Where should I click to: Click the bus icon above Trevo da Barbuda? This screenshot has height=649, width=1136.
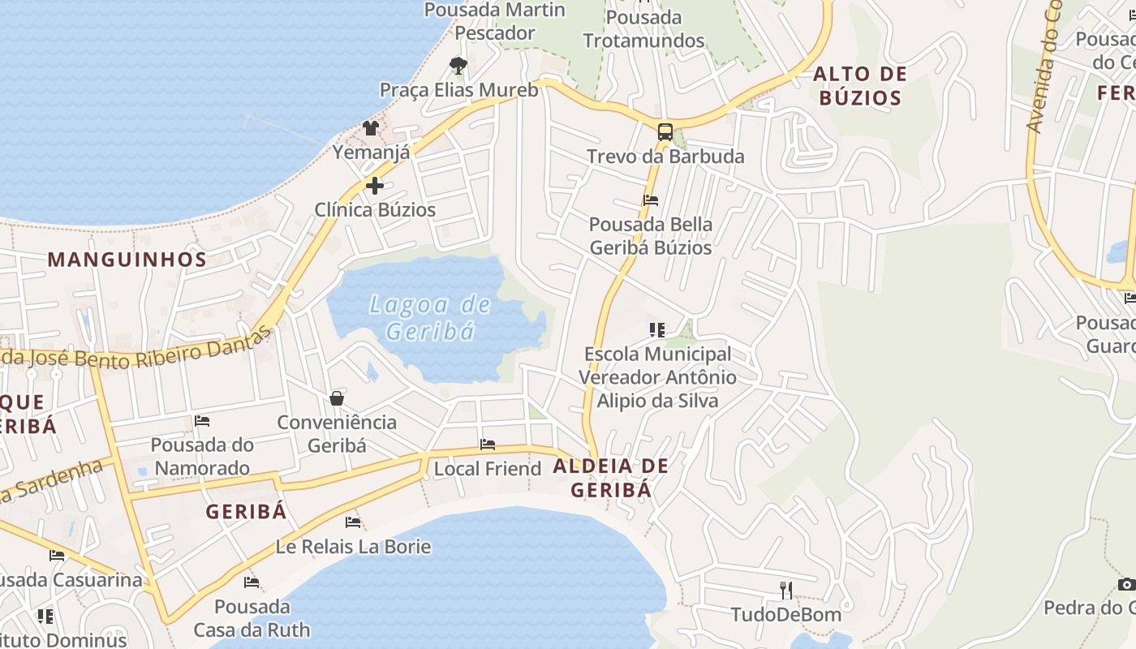pos(665,132)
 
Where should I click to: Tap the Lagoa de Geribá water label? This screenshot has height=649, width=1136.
pos(429,317)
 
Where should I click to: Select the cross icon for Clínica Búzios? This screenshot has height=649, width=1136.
pos(375,186)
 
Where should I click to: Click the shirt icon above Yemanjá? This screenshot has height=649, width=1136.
pos(371,127)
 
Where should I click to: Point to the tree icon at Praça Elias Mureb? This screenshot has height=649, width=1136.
pos(458,66)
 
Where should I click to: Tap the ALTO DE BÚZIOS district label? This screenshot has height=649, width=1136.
pos(859,86)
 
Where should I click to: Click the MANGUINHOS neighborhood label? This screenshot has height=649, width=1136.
pos(127,260)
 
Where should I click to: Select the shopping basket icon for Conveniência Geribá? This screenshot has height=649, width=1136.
pos(337,398)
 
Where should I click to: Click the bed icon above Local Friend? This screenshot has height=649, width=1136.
pos(488,445)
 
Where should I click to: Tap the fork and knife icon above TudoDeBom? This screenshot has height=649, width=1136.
pos(785,590)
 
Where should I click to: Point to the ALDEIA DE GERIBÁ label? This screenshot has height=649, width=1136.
pos(611,478)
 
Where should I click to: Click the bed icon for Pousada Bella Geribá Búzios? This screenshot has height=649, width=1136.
pos(651,200)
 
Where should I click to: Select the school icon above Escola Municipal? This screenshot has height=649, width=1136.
pos(657,329)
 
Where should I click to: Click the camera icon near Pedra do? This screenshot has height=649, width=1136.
pos(1126,584)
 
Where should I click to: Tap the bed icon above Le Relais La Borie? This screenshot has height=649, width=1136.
pos(353,522)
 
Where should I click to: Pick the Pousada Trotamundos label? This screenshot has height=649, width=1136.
pos(643,29)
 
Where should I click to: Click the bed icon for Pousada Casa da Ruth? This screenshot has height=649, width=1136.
pos(252,582)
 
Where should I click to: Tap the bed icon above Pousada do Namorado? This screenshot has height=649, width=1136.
pos(202,421)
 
